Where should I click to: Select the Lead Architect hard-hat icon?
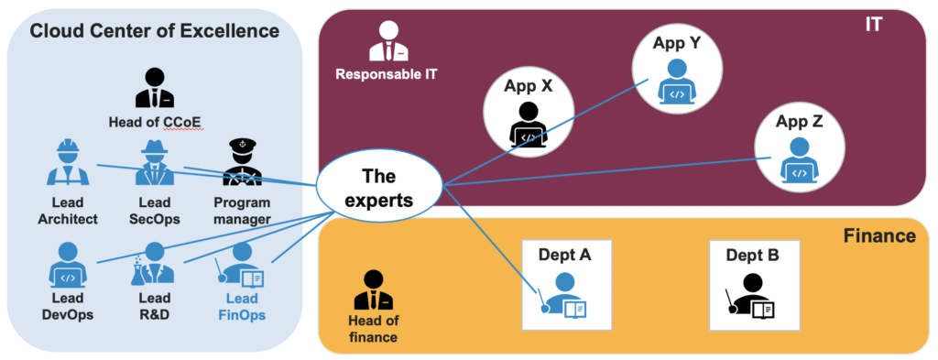click(x=66, y=164)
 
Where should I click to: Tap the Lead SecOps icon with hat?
click(x=154, y=164)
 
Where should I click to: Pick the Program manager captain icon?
click(x=242, y=164)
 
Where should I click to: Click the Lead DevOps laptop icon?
click(x=66, y=266)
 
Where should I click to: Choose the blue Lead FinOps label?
click(x=242, y=307)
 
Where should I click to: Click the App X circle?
click(x=528, y=113)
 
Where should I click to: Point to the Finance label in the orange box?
click(x=878, y=236)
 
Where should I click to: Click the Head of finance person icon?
click(x=373, y=290)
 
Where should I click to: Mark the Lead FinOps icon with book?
click(x=242, y=267)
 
